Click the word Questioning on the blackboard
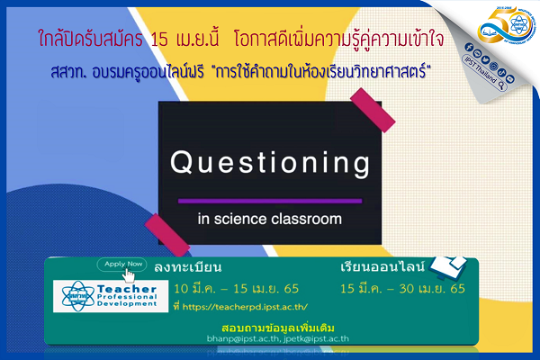(x=270, y=165)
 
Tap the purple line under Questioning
(x=270, y=200)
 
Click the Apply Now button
(x=124, y=265)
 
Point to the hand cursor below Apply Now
(x=130, y=275)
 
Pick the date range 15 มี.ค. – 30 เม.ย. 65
(x=402, y=288)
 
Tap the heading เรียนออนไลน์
(x=382, y=267)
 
